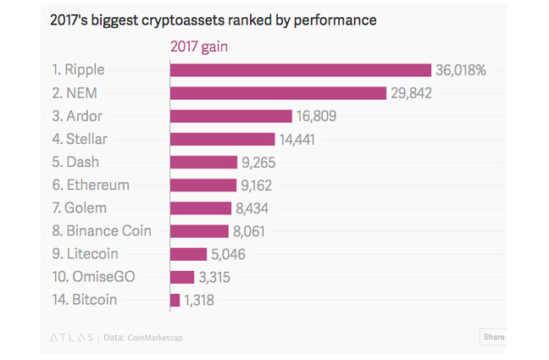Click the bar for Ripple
(301, 70)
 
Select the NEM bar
(278, 93)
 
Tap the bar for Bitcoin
(175, 300)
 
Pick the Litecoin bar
(188, 254)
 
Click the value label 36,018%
(461, 70)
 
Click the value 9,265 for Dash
(258, 162)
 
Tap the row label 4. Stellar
(80, 139)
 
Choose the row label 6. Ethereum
(91, 185)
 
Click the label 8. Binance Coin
(102, 230)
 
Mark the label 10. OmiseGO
(93, 276)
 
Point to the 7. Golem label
(79, 208)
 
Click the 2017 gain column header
(199, 47)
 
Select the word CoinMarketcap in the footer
(155, 337)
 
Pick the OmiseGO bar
(182, 277)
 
